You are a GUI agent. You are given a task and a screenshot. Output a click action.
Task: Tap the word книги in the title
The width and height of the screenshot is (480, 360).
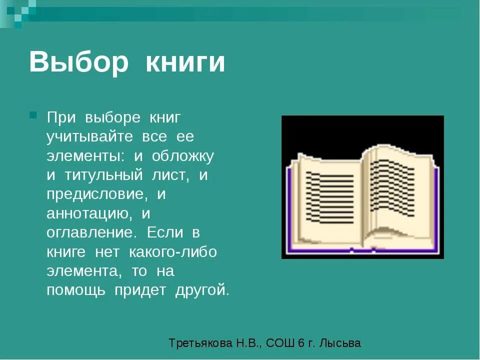click(185, 63)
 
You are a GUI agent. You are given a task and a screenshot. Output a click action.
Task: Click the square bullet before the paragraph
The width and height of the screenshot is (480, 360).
click(33, 115)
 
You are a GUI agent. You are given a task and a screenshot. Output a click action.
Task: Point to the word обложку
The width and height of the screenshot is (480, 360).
click(182, 155)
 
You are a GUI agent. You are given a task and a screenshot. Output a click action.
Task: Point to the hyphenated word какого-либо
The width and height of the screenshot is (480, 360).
click(172, 252)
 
